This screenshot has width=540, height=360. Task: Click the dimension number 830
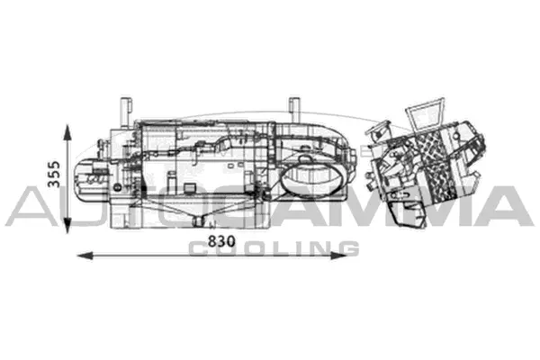(220, 242)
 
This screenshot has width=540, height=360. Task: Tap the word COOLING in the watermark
(274, 248)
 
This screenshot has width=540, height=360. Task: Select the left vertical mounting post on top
(124, 107)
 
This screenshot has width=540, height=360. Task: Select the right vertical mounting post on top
(293, 107)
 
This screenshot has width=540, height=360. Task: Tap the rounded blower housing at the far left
(93, 180)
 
